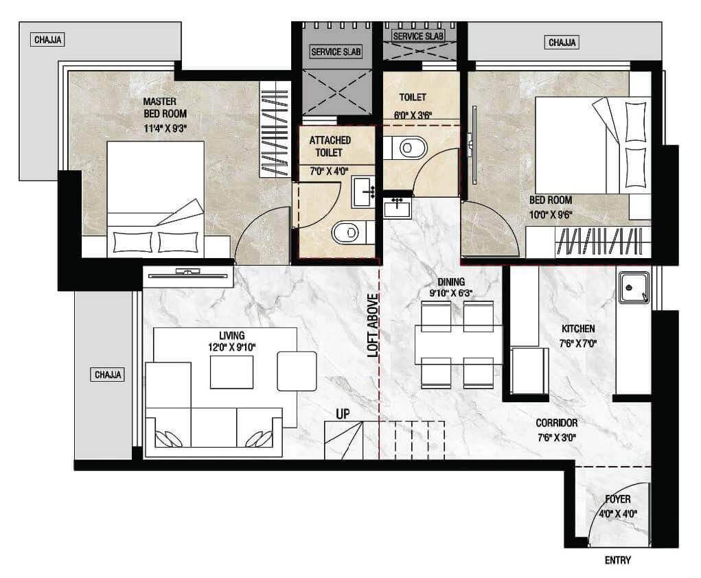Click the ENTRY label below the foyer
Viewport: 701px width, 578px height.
click(x=617, y=560)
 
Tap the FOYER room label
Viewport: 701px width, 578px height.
click(x=618, y=499)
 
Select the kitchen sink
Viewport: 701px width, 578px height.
click(x=634, y=288)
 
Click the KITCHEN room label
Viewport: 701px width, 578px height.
click(x=578, y=329)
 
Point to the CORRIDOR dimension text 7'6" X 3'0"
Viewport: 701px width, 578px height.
click(x=557, y=437)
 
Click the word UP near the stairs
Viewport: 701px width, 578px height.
click(x=343, y=415)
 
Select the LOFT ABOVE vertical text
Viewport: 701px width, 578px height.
click(x=373, y=325)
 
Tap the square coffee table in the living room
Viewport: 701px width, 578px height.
click(x=231, y=370)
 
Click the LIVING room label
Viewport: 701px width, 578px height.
click(x=231, y=335)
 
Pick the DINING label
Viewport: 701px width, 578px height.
click(x=451, y=281)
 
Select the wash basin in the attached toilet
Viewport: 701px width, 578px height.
click(x=363, y=192)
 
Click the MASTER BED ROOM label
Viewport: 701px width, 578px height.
click(x=165, y=107)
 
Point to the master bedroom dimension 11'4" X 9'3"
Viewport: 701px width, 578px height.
click(x=165, y=128)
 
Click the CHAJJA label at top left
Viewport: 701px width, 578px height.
click(x=48, y=40)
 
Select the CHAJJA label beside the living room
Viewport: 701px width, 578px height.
click(x=108, y=375)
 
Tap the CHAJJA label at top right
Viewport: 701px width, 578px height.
click(x=562, y=43)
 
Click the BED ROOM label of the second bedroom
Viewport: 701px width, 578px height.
click(x=551, y=200)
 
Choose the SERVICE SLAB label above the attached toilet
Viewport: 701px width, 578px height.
click(x=336, y=52)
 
